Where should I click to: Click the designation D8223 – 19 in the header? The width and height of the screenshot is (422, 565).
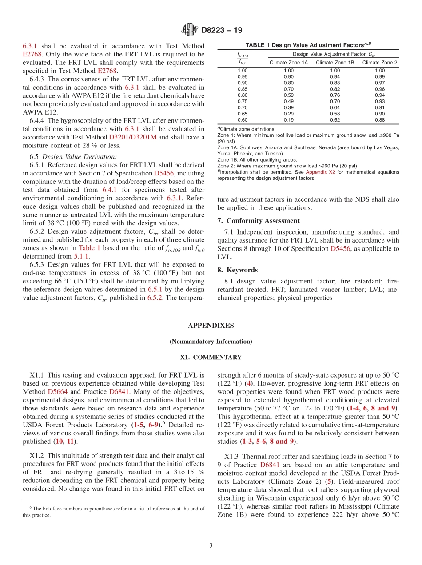[222, 31]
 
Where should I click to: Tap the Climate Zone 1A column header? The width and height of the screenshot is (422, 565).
[289, 63]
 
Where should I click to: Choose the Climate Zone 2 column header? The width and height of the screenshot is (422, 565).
[379, 63]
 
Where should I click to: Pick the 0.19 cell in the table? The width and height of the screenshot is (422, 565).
[289, 120]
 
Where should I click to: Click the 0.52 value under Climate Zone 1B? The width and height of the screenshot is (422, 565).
[334, 120]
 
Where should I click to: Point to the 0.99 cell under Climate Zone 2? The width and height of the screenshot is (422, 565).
[379, 76]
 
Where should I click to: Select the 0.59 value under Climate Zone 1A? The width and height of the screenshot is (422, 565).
[289, 95]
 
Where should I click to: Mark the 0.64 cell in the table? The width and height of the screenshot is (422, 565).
[334, 107]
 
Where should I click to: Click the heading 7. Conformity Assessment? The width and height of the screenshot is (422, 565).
[259, 221]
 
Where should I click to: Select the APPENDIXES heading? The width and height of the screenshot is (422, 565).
[211, 326]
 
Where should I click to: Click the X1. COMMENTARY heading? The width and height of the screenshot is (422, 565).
[211, 357]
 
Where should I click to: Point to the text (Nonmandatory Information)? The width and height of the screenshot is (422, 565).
[211, 342]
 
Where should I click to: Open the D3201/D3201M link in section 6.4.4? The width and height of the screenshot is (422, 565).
[133, 137]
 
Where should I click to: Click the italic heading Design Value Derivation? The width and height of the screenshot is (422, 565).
[80, 156]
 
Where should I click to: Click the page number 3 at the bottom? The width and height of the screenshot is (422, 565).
[211, 545]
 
